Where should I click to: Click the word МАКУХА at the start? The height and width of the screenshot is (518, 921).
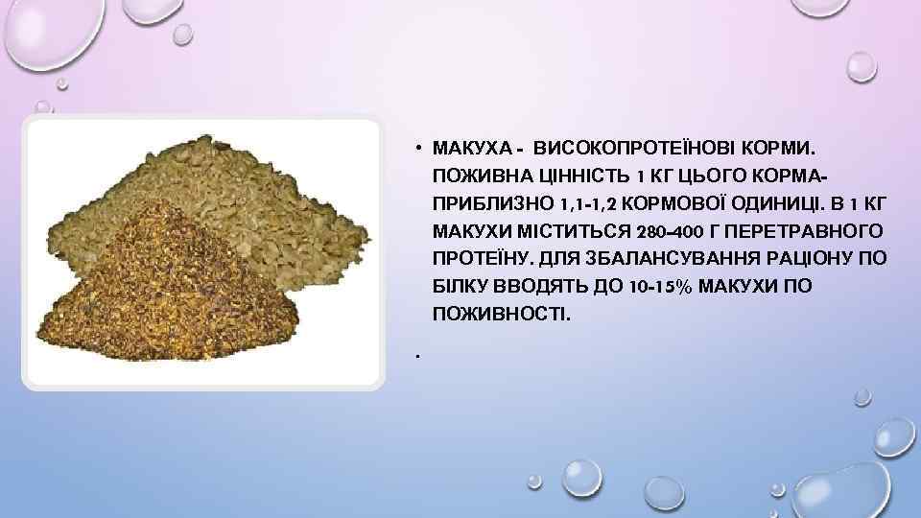(468, 150)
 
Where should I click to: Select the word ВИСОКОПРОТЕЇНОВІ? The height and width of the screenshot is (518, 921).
(627, 150)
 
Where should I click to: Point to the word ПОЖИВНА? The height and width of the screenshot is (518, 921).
(477, 177)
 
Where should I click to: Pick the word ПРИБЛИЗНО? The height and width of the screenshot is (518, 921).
(486, 204)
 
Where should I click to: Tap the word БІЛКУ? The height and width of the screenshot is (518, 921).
(462, 287)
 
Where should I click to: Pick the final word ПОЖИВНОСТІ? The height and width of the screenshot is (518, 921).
(501, 314)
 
